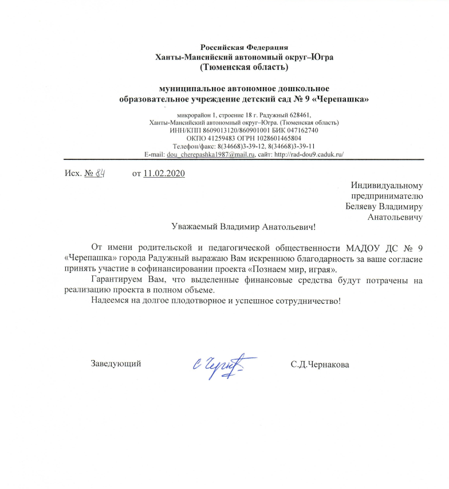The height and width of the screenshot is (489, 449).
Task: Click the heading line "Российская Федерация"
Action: (245, 46)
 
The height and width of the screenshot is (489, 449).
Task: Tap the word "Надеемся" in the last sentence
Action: (109, 301)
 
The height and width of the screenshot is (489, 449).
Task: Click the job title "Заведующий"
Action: (116, 363)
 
